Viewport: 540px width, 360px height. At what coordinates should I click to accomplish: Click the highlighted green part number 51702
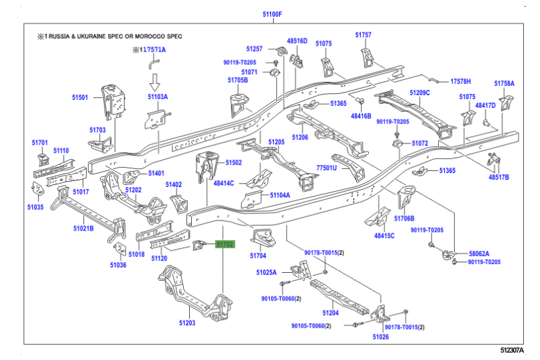(225, 245)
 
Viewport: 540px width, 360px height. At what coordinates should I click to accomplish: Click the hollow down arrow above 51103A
(154, 81)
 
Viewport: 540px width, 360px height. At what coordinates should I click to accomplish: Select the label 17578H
(460, 80)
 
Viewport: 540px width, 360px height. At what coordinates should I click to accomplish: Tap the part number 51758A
(504, 84)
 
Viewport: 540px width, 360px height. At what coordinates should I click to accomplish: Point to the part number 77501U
(327, 168)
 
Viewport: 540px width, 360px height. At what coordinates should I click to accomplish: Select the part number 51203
(186, 323)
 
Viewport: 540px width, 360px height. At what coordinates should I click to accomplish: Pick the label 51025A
(266, 272)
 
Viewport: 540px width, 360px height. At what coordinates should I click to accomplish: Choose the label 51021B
(84, 229)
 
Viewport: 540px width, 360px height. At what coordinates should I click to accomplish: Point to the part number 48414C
(224, 183)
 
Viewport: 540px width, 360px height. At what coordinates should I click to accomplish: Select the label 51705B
(237, 80)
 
